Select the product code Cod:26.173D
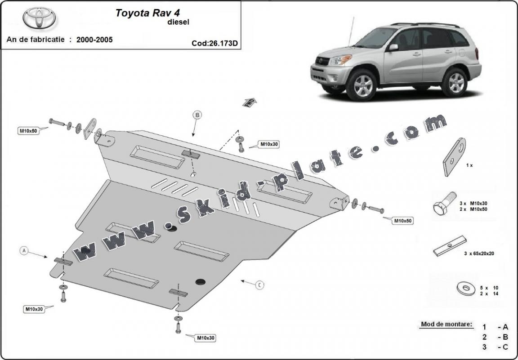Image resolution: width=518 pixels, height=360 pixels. pyautogui.click(x=215, y=44)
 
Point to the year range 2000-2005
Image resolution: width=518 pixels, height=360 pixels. pyautogui.click(x=94, y=40)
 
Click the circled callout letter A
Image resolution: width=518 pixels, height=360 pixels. pyautogui.click(x=25, y=251)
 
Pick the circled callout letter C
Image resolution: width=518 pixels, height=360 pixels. pyautogui.click(x=259, y=284)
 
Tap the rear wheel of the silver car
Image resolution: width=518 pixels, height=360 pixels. pyautogui.click(x=455, y=82)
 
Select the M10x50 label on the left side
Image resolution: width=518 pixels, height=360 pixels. pyautogui.click(x=28, y=131)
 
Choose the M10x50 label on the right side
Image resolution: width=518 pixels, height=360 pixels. pyautogui.click(x=403, y=221)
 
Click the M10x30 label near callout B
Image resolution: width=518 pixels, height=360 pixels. pyautogui.click(x=268, y=144)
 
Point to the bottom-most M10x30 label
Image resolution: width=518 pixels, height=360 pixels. pyautogui.click(x=205, y=338)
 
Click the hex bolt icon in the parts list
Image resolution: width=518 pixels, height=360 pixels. pyautogui.click(x=442, y=206)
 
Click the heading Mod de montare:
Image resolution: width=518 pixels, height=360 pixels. pyautogui.click(x=447, y=324)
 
